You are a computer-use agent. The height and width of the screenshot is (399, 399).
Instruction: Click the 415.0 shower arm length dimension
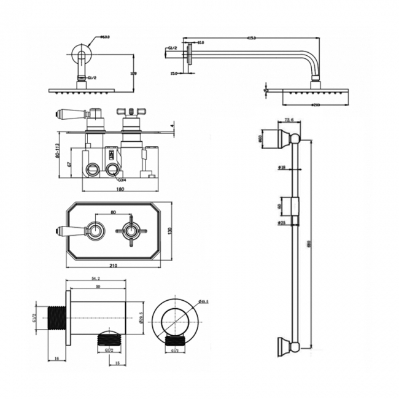click(x=252, y=38)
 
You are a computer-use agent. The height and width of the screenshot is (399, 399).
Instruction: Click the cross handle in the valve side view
click(x=131, y=112)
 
